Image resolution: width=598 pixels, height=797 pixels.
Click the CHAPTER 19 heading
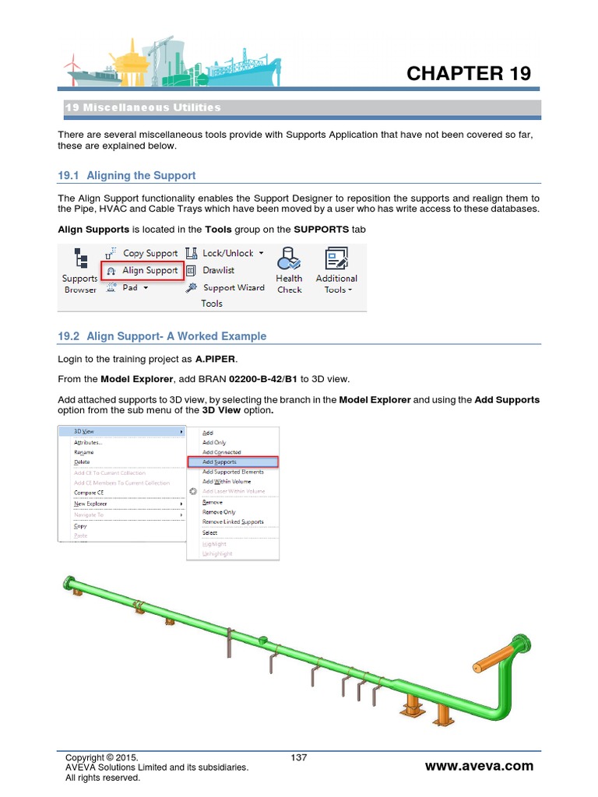[469, 73]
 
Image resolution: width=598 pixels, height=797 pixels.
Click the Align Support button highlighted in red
[142, 270]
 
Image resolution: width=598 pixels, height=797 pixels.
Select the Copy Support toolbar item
[143, 253]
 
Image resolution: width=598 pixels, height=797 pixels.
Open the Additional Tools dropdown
[336, 270]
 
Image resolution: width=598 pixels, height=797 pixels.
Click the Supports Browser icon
[80, 270]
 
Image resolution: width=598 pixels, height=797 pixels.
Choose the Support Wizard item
[226, 287]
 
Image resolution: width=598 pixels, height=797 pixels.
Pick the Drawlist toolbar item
[211, 270]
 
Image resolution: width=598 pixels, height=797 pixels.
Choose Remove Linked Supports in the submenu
[233, 521]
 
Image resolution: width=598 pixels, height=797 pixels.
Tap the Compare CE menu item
[89, 493]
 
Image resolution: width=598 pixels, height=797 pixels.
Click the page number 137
[298, 757]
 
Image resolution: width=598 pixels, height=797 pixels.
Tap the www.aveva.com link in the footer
[479, 766]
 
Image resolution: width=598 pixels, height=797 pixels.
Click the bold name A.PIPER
[214, 360]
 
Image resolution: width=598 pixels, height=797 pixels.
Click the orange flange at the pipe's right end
[518, 646]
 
